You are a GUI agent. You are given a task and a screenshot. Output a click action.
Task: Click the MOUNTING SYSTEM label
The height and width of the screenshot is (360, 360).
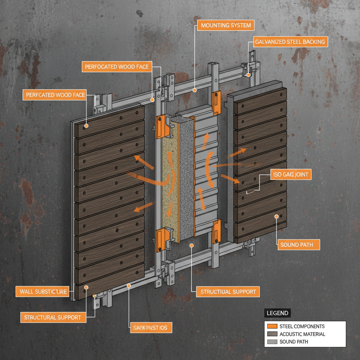(x=226, y=26)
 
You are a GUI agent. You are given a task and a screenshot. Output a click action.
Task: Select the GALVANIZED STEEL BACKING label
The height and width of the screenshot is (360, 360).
(x=290, y=42)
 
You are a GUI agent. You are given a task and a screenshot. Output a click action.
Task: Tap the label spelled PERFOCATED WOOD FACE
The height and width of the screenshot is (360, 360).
(x=117, y=66)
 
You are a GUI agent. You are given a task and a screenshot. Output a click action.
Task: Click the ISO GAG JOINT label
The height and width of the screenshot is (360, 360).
(x=290, y=174)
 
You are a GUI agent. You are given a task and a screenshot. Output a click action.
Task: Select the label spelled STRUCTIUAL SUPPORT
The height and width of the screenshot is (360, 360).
(x=228, y=292)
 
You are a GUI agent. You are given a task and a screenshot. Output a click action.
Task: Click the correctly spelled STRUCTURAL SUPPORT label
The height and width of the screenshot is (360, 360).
(x=53, y=317)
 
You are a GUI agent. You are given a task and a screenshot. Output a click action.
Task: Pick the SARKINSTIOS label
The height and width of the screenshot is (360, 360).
(x=150, y=328)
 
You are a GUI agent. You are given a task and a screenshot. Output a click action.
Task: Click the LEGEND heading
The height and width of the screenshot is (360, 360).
(x=277, y=313)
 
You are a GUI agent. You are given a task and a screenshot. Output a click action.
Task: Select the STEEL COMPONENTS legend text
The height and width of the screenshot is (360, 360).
(x=302, y=327)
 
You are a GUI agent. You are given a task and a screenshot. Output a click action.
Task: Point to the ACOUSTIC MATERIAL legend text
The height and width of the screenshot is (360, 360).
(x=302, y=334)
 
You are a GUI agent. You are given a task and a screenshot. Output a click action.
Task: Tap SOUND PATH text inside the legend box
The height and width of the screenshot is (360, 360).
(x=294, y=342)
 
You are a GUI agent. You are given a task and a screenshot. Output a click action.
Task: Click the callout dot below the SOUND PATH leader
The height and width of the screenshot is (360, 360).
(x=277, y=216)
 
